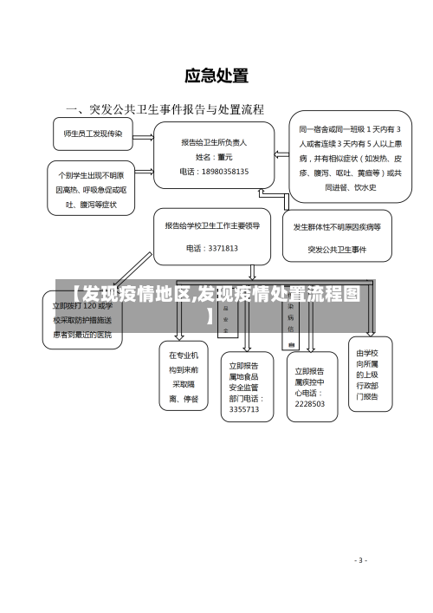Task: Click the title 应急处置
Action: [216, 77]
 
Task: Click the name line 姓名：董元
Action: [214, 157]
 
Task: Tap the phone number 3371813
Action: [211, 248]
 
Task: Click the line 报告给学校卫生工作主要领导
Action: [211, 225]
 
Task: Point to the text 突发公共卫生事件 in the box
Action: [337, 250]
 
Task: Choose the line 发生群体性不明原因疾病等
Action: [337, 227]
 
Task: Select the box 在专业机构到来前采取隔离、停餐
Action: [184, 376]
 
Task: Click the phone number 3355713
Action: [244, 408]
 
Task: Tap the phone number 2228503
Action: [309, 403]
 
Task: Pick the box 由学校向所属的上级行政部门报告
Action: [367, 375]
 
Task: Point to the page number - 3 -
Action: [361, 560]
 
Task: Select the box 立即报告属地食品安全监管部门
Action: [244, 387]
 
